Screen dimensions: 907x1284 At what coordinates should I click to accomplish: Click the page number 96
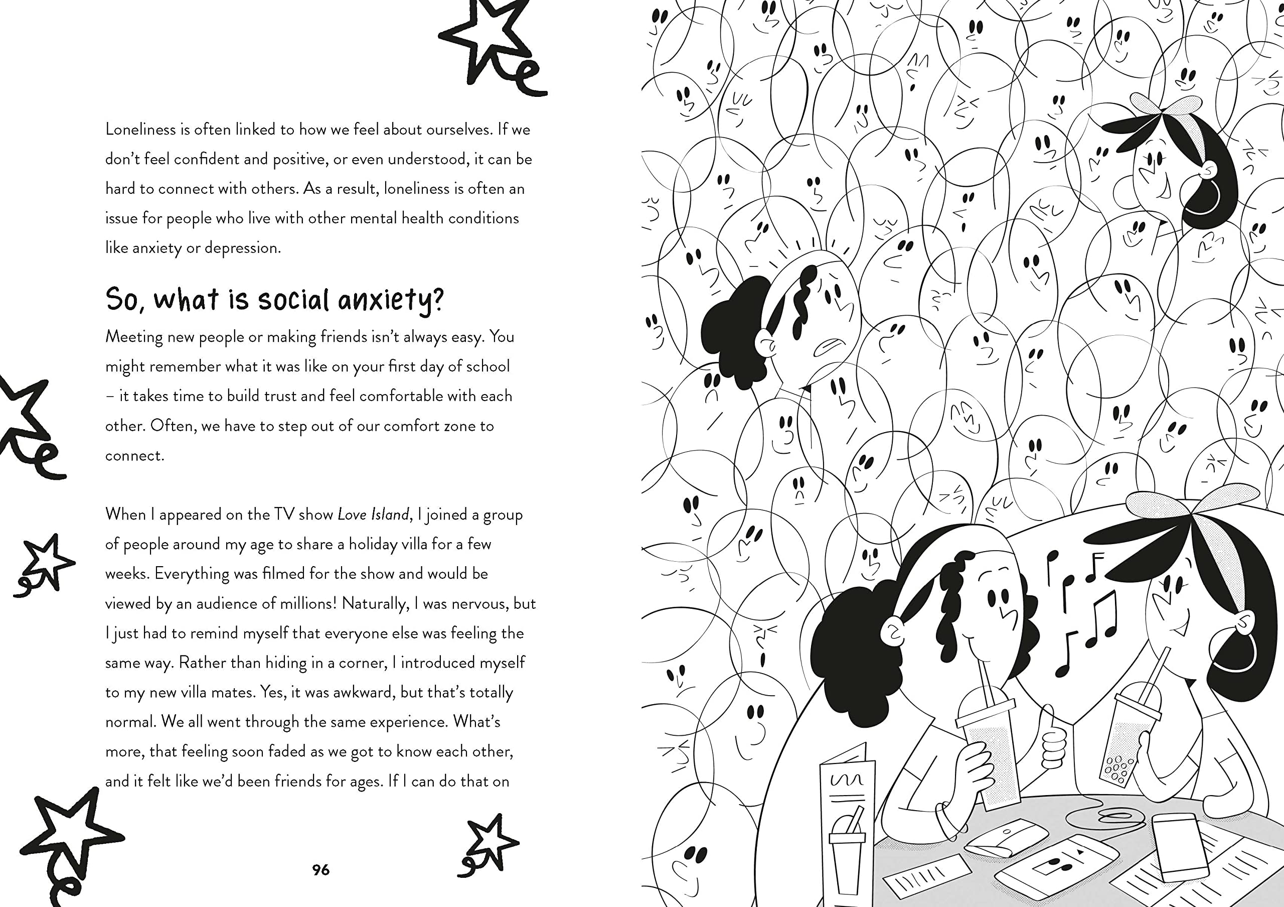[321, 869]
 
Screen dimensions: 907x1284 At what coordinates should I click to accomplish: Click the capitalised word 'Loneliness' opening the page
[140, 129]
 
